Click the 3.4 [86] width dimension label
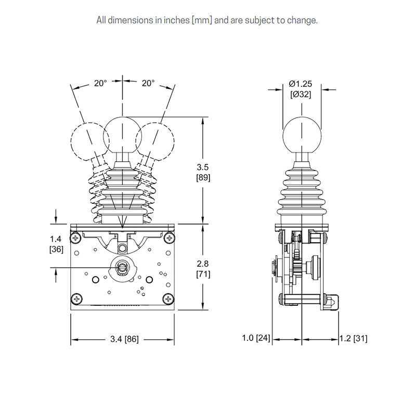124,339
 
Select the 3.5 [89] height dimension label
203,172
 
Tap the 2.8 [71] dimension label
203,268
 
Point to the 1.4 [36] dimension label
56,244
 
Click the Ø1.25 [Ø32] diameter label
301,89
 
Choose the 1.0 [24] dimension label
256,338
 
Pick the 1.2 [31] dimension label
354,339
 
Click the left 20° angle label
100,83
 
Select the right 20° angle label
148,83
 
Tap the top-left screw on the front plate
76,238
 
